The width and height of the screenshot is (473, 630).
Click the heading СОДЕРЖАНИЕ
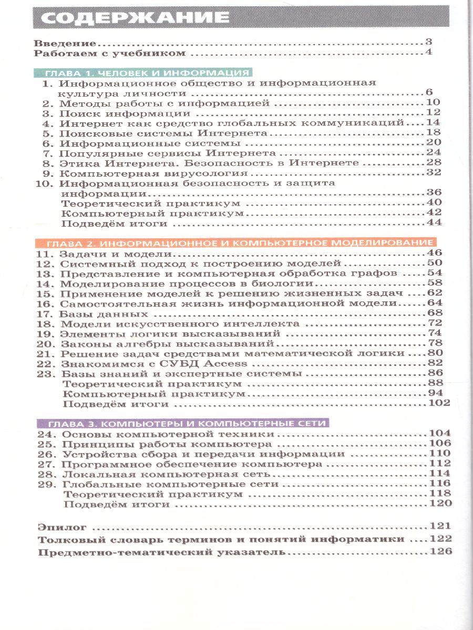coord(131,17)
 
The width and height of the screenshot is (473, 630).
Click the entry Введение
coord(65,43)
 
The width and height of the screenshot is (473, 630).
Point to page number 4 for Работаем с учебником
coord(428,52)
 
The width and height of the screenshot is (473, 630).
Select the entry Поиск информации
coord(124,113)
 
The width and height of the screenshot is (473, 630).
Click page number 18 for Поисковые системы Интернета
coord(432,133)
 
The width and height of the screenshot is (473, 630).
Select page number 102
coord(439,403)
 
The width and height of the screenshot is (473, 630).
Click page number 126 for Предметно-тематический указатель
coord(440,552)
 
